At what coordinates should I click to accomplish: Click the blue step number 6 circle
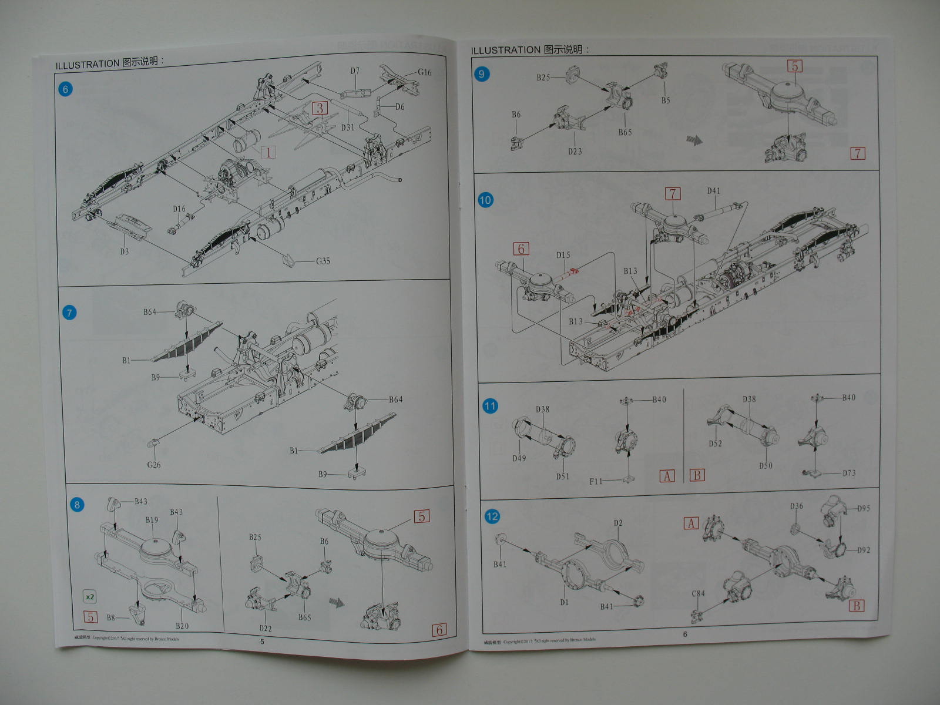pos(65,89)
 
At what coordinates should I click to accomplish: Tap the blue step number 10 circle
pos(485,200)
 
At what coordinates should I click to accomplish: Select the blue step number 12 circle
pos(492,516)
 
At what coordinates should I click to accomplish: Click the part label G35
pos(323,261)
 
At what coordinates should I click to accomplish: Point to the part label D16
pos(179,209)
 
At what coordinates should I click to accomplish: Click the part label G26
pos(154,465)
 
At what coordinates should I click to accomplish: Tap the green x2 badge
pos(89,597)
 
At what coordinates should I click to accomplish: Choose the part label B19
pos(152,520)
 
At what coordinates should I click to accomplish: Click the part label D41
pos(713,191)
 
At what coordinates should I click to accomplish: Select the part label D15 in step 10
pos(563,255)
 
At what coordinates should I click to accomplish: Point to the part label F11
pos(596,481)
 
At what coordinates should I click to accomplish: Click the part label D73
pos(849,473)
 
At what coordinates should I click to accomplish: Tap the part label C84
pos(698,594)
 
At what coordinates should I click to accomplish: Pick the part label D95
pos(864,508)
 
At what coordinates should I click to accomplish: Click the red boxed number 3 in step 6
pos(320,108)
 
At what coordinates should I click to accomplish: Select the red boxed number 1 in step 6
pos(268,152)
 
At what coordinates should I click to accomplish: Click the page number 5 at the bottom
pos(262,641)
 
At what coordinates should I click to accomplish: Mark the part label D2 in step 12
pos(618,523)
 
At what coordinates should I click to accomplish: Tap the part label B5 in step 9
pos(666,100)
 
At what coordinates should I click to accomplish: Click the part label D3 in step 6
pos(124,251)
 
